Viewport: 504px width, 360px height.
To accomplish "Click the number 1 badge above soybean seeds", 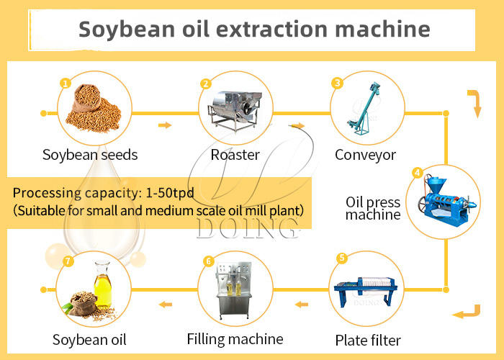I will [x=66, y=84].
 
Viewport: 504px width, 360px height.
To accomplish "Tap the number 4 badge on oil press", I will [x=417, y=173].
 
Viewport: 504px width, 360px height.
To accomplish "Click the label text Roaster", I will [x=235, y=155].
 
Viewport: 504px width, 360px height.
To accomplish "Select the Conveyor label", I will [x=366, y=155].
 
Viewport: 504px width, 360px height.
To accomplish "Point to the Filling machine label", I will [x=235, y=338].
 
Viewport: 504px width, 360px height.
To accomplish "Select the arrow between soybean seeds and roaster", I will [x=165, y=125].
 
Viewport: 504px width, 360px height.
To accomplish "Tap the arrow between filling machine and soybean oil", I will [x=166, y=304].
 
